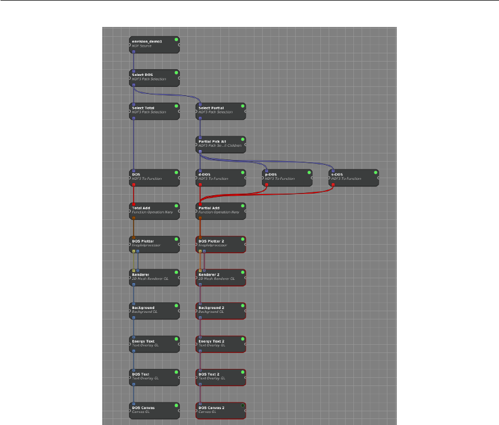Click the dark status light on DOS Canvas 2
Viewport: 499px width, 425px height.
point(242,406)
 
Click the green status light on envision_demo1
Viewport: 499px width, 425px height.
point(176,41)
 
